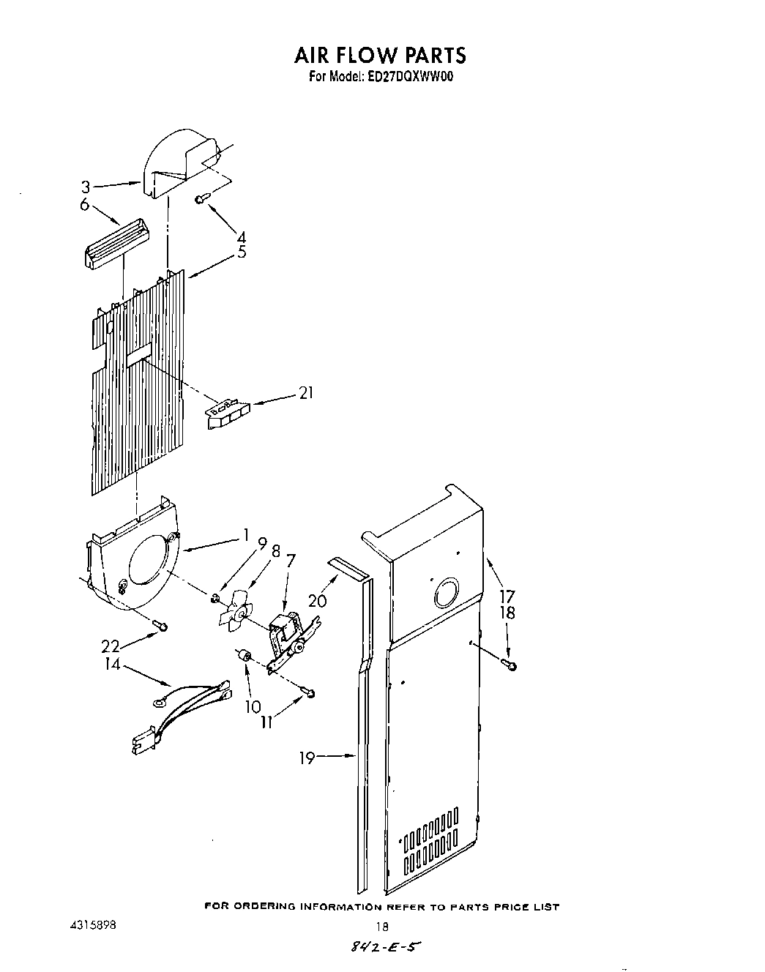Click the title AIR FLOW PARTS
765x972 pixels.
pos(379,55)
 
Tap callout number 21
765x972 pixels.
pos(306,393)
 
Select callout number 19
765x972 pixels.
pos(307,758)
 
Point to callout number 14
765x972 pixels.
pos(113,666)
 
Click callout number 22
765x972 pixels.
pos(111,646)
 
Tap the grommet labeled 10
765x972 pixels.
pos(245,654)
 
